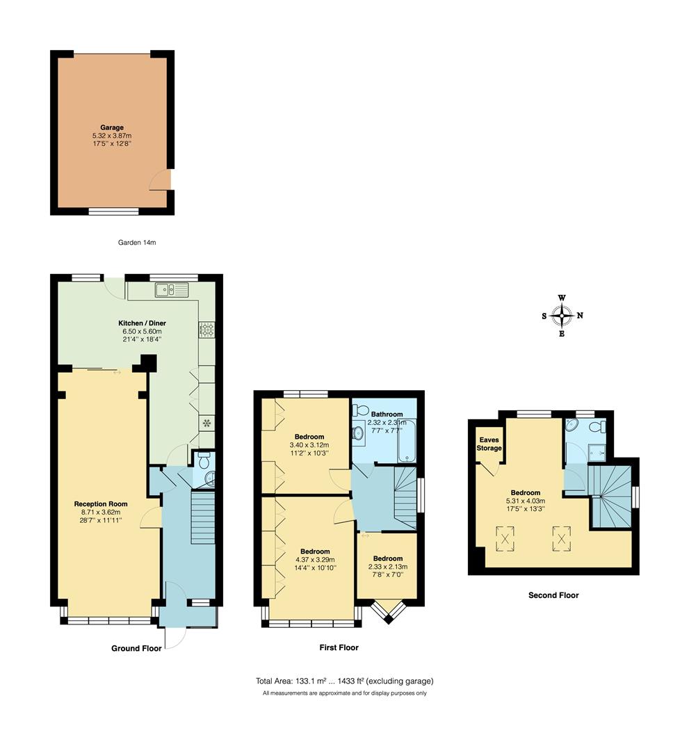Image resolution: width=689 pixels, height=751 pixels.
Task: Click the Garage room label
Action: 112,127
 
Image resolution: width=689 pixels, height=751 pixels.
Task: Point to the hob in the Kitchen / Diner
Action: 206,329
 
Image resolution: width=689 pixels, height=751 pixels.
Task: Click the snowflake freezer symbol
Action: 206,422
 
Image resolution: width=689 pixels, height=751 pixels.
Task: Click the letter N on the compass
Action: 580,315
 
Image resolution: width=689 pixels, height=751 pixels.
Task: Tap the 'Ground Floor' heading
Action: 136,648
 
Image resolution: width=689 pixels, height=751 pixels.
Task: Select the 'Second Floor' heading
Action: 553,595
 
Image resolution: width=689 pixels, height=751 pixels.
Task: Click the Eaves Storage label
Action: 489,444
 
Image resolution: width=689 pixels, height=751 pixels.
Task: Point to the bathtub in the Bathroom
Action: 406,442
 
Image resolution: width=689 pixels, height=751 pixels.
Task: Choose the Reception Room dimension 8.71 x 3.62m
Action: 102,512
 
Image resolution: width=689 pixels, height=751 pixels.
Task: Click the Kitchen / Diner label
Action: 143,323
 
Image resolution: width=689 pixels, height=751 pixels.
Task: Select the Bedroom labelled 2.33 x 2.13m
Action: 387,558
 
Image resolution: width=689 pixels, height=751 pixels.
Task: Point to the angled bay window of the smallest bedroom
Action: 387,612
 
